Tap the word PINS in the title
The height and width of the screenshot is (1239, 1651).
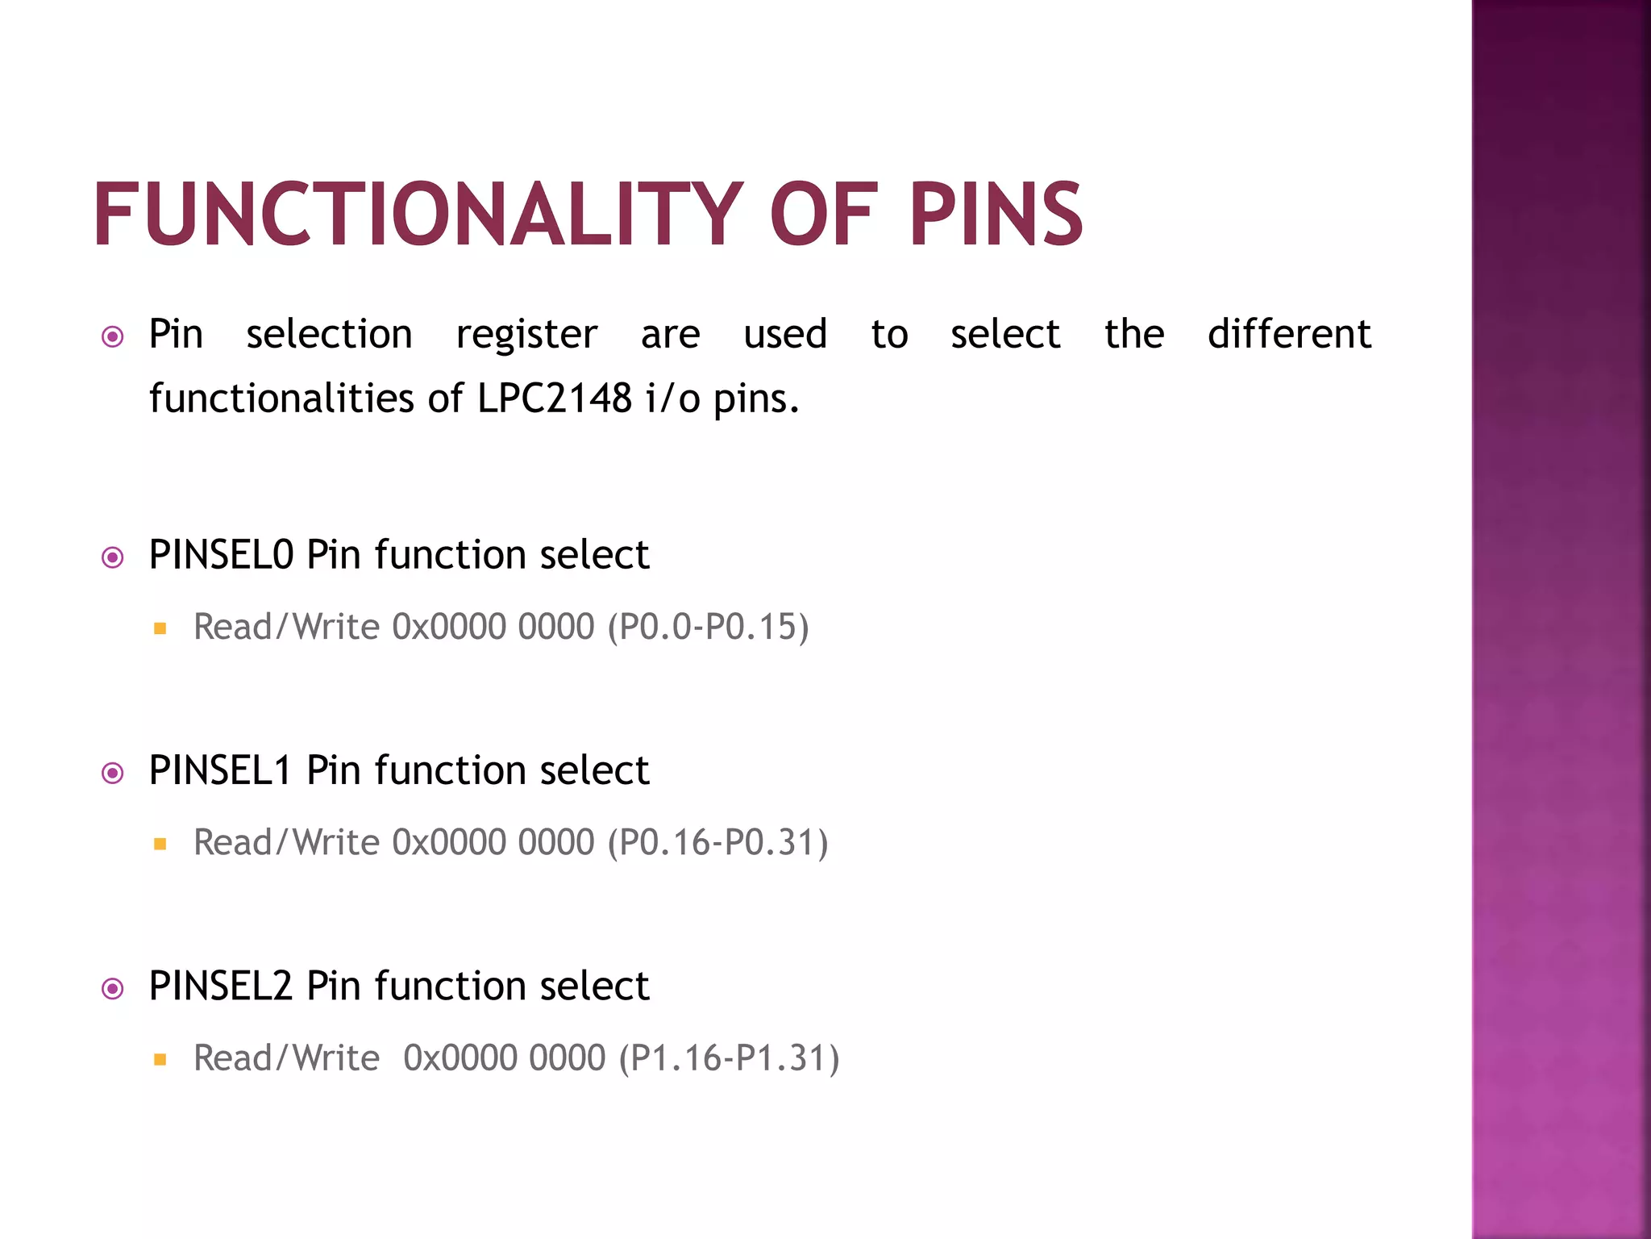pos(996,214)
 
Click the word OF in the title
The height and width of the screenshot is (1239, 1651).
pos(823,214)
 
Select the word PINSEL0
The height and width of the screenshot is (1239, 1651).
pos(221,555)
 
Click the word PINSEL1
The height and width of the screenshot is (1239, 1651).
pos(219,770)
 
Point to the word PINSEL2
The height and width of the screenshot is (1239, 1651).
pos(221,986)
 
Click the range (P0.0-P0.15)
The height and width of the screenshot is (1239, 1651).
pos(708,627)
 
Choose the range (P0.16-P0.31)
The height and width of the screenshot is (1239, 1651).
pos(717,842)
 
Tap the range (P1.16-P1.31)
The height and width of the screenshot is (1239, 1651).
pos(729,1058)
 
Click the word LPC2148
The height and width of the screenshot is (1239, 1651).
pos(555,398)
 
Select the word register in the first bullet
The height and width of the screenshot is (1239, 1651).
pos(526,335)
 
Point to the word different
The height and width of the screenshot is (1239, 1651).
pos(1289,334)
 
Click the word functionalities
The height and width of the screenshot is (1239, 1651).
pos(282,398)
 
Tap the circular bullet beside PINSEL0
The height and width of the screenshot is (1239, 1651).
pos(113,557)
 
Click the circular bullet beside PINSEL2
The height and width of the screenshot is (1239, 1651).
pos(113,988)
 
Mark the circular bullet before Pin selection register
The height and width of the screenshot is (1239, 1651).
pos(113,336)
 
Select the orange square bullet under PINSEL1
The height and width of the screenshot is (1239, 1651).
pos(160,845)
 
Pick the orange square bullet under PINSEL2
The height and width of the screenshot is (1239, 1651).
pos(160,1060)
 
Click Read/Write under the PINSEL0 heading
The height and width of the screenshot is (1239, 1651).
pos(286,627)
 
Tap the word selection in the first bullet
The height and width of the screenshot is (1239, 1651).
pos(329,334)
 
